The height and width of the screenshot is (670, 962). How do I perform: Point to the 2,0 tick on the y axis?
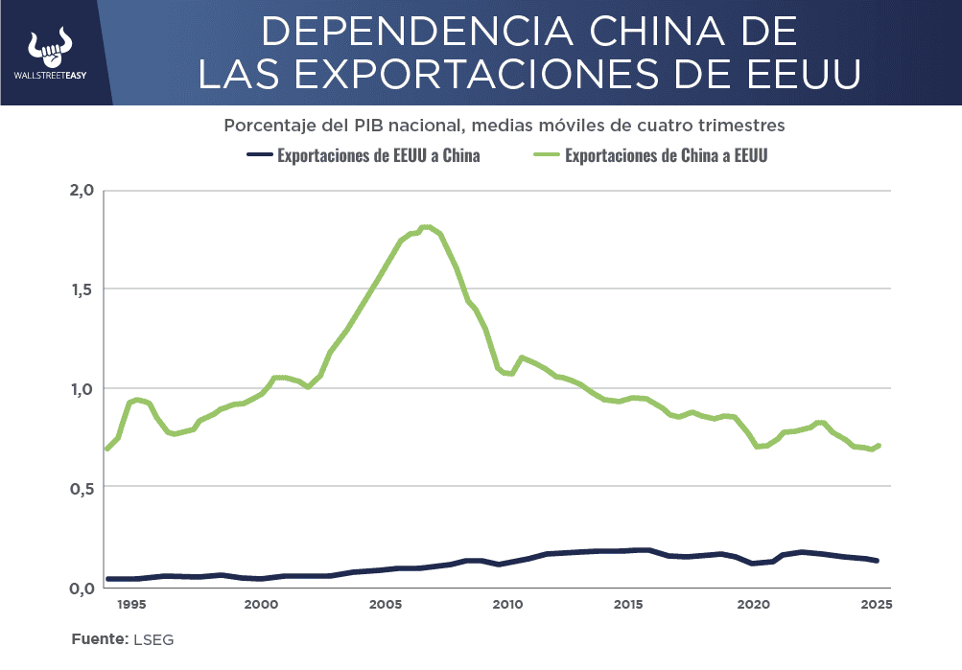82,190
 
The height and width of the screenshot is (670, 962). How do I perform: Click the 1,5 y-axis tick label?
82,289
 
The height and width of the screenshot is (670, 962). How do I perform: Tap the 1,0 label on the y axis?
82,389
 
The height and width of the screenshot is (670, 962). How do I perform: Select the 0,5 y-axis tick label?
82,488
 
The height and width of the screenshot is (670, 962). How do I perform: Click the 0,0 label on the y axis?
82,588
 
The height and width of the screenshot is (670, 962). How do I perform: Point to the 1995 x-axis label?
132,605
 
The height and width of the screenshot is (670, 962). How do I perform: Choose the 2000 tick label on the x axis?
261,605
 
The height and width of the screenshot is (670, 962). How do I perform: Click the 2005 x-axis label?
385,605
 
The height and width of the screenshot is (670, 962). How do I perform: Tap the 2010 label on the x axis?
507,605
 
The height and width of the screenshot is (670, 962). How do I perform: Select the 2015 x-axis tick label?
629,605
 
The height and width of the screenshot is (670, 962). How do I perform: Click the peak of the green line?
427,227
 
